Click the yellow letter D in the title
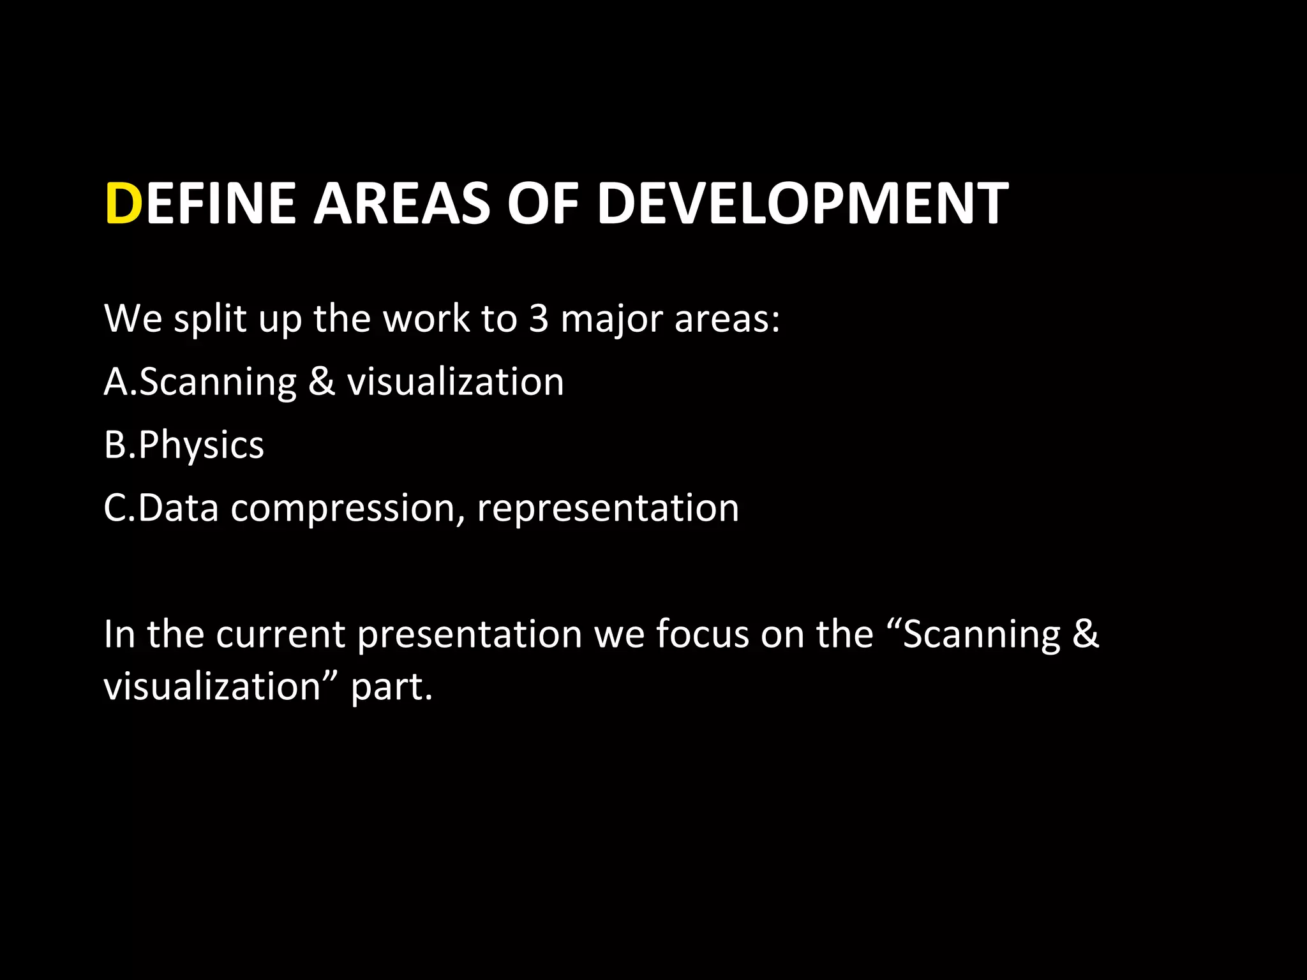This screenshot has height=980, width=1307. click(123, 204)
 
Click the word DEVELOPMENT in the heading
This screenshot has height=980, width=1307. click(803, 204)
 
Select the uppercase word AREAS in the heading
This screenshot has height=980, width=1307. click(402, 204)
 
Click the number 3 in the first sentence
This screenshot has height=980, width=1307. click(539, 318)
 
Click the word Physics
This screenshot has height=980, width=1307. click(200, 445)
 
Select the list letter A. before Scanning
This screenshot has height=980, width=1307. click(120, 382)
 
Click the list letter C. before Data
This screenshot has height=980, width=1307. click(119, 508)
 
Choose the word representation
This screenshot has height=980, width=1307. click(608, 508)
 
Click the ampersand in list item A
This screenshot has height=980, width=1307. click(322, 382)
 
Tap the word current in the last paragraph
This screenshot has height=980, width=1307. click(280, 634)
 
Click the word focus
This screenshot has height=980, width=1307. click(703, 634)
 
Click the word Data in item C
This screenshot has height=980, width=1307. click(178, 508)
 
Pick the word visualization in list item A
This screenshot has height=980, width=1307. click(456, 382)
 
